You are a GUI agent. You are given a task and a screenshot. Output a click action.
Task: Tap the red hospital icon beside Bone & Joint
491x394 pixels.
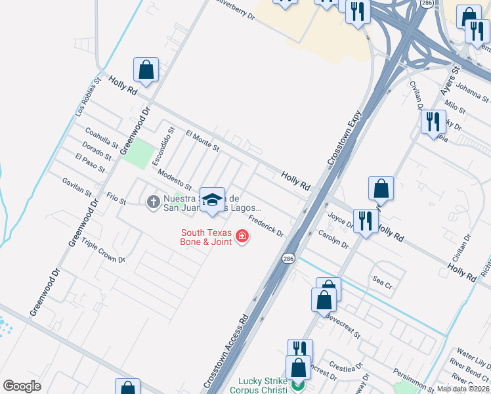242,236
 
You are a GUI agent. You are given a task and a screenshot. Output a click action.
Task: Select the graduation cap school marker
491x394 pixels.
212,200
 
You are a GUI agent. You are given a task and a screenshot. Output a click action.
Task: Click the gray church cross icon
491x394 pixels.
153,202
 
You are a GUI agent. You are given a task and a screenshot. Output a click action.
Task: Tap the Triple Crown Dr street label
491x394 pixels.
103,250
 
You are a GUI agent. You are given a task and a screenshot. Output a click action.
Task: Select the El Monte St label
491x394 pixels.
202,139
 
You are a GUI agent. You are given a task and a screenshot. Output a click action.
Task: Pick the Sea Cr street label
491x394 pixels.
382,286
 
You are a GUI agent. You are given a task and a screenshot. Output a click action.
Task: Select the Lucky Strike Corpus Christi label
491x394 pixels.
258,385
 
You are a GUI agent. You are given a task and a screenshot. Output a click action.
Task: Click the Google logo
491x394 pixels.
22,386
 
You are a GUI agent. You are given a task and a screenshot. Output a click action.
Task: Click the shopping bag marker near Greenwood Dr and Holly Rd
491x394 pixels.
146,69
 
